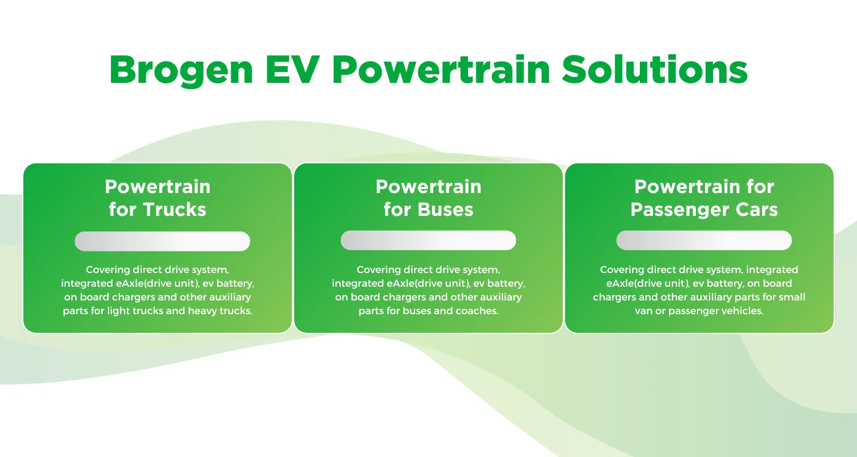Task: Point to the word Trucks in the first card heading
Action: click(x=174, y=209)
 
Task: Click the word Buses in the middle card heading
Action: click(x=445, y=209)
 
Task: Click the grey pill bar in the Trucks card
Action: click(x=162, y=241)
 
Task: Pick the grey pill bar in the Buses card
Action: click(x=428, y=240)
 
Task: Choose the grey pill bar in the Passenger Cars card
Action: click(x=704, y=240)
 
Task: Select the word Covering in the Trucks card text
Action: click(x=106, y=269)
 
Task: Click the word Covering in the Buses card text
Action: click(x=377, y=269)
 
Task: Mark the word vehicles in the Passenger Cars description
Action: click(x=743, y=311)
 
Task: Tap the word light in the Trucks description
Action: click(x=148, y=311)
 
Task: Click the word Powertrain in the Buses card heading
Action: click(x=428, y=187)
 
